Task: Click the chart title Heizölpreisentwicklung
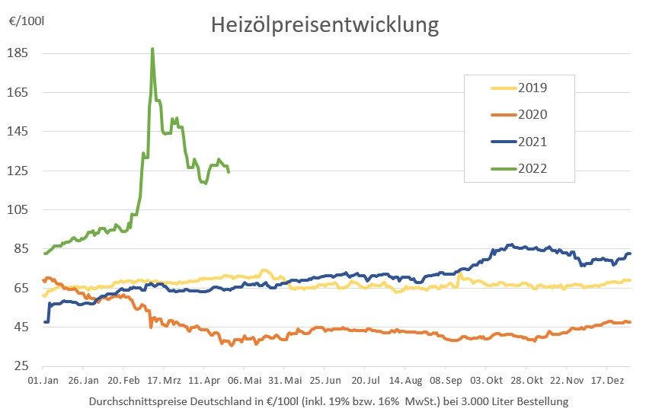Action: (x=325, y=25)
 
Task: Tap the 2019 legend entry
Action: (x=532, y=87)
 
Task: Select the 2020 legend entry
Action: (x=532, y=114)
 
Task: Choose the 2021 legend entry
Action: (x=532, y=142)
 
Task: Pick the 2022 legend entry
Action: (x=532, y=169)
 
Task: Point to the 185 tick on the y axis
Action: (x=18, y=53)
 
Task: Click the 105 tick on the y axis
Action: (x=18, y=210)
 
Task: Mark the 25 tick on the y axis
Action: (x=21, y=366)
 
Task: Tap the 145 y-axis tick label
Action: (x=18, y=132)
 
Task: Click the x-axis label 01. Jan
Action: (x=43, y=379)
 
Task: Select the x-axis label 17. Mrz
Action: (x=164, y=379)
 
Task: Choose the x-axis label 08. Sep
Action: (x=446, y=379)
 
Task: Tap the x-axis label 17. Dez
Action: (x=609, y=379)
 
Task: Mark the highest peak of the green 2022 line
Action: (x=152, y=49)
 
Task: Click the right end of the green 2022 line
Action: (x=229, y=171)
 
